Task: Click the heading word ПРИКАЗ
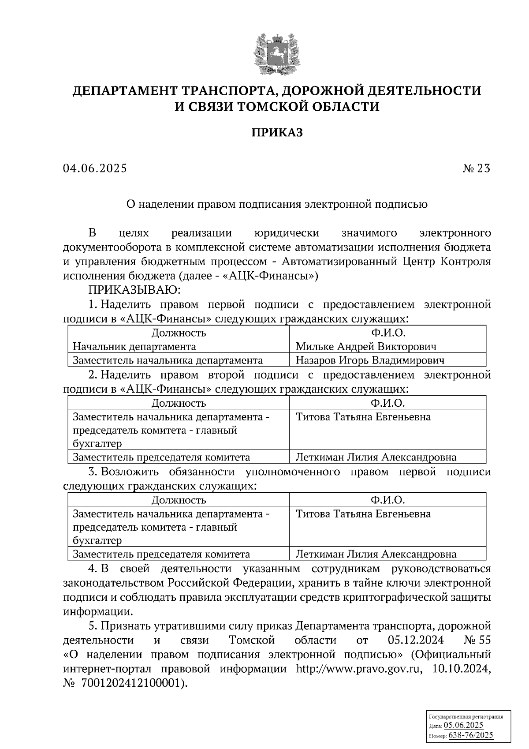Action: (x=277, y=132)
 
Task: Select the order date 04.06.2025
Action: (x=95, y=169)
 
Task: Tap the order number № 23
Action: (x=477, y=169)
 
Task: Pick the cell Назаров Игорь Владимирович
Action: (x=369, y=360)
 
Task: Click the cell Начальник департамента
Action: (x=134, y=346)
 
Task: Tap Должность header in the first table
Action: (x=179, y=333)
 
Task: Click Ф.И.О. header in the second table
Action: (x=387, y=403)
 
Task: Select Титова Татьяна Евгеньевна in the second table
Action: (x=363, y=417)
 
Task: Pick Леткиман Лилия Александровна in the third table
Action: (x=376, y=554)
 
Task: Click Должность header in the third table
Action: (x=179, y=500)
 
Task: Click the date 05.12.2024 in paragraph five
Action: (x=416, y=640)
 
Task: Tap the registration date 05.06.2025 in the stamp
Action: (x=464, y=726)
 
